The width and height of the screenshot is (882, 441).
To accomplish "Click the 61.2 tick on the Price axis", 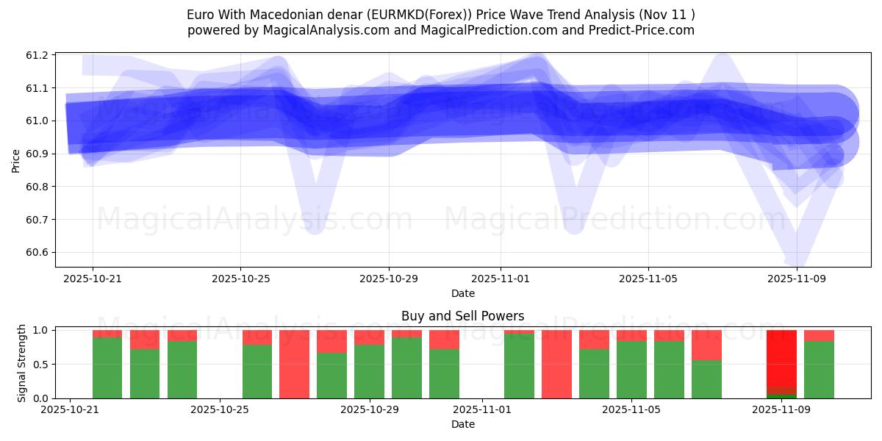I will coord(38,55).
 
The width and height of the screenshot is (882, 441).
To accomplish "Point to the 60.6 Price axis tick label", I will coord(38,252).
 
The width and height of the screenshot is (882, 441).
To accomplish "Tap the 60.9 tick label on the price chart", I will coord(38,154).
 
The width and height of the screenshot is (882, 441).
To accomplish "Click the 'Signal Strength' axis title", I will coord(22,363).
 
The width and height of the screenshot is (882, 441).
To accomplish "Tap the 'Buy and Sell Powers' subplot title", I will coord(462,317).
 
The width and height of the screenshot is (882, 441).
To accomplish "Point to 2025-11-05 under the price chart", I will coord(648,279).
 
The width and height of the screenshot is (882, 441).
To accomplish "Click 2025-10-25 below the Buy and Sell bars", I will coord(220,409).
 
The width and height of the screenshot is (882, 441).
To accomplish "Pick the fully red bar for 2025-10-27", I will coord(294,365).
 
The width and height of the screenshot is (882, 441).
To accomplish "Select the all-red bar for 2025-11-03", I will coord(556,365).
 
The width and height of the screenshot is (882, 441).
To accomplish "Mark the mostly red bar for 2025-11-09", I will coord(781,360).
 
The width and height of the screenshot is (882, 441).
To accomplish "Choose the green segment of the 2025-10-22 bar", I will coord(107,367).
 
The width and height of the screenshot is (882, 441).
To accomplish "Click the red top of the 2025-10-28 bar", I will coord(331,341).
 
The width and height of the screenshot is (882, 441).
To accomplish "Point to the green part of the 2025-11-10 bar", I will coord(819,370).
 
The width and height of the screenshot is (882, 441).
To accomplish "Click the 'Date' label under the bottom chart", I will coord(462,424).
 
